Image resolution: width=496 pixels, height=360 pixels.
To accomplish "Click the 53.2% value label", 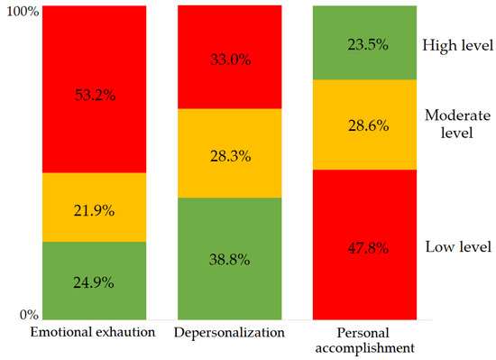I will [x=95, y=90].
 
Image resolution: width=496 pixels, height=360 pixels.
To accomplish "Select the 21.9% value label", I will [x=95, y=208].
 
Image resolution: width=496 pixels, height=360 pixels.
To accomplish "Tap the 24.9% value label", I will [x=95, y=281].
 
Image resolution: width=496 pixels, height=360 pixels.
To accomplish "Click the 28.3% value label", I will [x=229, y=153].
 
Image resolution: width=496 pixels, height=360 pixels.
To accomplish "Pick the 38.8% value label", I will [x=229, y=258].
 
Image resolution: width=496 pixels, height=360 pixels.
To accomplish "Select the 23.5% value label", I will [x=364, y=43].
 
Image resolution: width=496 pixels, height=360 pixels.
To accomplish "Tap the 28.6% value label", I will [x=364, y=125].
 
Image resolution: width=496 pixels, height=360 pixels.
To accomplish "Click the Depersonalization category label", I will [x=229, y=333].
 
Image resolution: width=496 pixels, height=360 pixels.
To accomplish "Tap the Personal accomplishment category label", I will [x=364, y=340].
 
